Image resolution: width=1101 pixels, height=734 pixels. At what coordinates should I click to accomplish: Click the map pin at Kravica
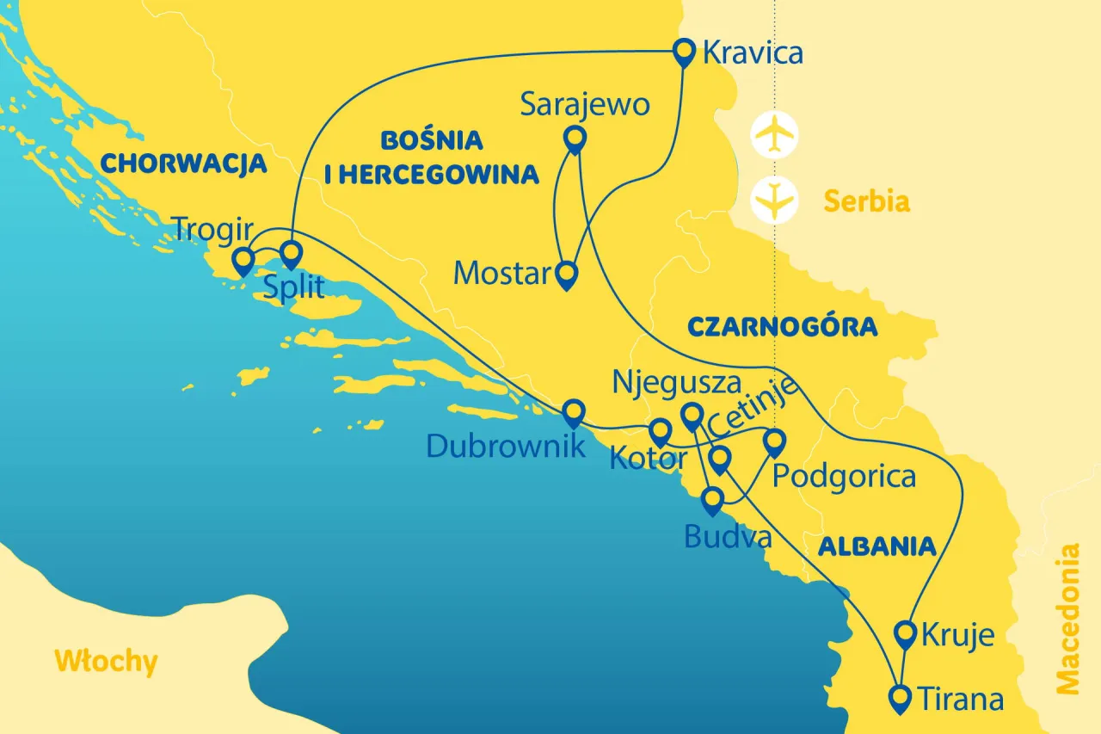pyautogui.click(x=684, y=52)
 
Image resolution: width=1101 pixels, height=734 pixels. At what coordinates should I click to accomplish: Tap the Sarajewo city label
pyautogui.click(x=584, y=106)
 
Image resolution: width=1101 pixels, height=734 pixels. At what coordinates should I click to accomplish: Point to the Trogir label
pyautogui.click(x=212, y=230)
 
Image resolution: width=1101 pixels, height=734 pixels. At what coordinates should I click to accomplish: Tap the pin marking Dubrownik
pyautogui.click(x=574, y=412)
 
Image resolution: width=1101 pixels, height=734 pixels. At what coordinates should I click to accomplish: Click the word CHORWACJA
pyautogui.click(x=183, y=163)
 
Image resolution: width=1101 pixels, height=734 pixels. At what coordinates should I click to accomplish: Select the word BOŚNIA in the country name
pyautogui.click(x=431, y=140)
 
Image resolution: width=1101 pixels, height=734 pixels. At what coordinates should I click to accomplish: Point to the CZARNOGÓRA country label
pyautogui.click(x=782, y=327)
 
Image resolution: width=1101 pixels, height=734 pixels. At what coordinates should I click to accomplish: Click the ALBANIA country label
pyautogui.click(x=876, y=546)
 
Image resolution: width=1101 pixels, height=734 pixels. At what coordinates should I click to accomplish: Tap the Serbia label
pyautogui.click(x=866, y=201)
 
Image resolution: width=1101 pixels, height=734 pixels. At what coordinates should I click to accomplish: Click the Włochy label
pyautogui.click(x=106, y=662)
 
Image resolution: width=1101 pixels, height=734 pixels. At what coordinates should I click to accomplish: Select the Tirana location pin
pyautogui.click(x=900, y=696)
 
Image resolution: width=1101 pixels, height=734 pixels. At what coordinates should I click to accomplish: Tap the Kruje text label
pyautogui.click(x=957, y=636)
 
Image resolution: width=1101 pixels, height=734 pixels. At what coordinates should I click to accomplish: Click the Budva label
pyautogui.click(x=728, y=537)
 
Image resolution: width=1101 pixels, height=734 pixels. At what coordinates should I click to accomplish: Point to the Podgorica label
pyautogui.click(x=844, y=476)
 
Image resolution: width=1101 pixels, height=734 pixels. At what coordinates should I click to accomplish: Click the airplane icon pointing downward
pyautogui.click(x=774, y=200)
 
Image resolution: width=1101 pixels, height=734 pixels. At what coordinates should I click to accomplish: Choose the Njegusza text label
pyautogui.click(x=676, y=382)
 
